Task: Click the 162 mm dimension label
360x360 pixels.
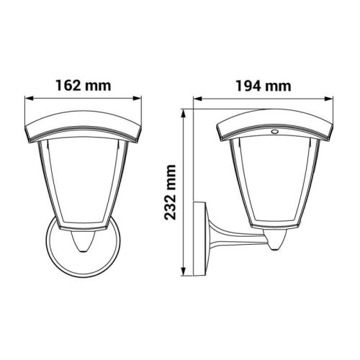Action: point(84,86)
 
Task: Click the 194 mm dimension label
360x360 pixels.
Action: point(264,86)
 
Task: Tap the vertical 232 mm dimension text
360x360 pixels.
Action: point(170,192)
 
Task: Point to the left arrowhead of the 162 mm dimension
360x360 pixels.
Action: point(28,99)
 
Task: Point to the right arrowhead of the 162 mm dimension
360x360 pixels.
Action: point(138,99)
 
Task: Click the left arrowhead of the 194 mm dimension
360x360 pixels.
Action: point(197,99)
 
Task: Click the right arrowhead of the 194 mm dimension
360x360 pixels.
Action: point(329,99)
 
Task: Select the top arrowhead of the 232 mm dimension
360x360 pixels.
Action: point(184,114)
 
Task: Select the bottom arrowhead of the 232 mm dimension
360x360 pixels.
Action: point(184,272)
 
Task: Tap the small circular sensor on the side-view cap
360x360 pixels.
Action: point(274,131)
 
